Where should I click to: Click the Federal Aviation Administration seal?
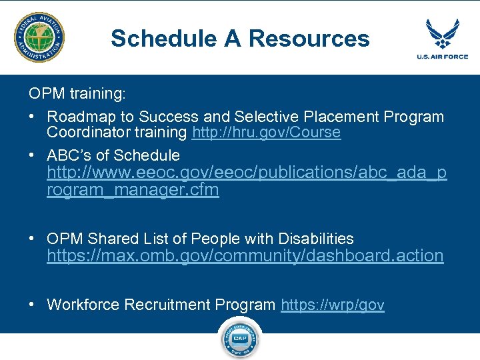(x=40, y=38)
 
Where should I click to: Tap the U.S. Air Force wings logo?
(x=443, y=33)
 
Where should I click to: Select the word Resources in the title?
(x=309, y=39)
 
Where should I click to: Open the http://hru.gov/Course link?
(x=266, y=133)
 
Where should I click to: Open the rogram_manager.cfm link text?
(x=133, y=190)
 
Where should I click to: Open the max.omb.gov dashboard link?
(x=245, y=256)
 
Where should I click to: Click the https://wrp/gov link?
(x=333, y=305)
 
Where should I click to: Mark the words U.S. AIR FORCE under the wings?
(x=443, y=57)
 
